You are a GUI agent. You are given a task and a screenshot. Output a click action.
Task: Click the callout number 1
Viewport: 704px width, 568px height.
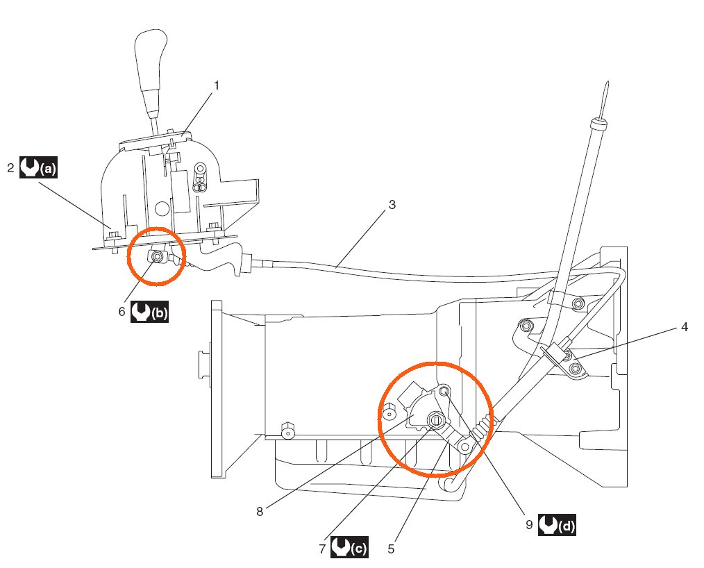(216, 86)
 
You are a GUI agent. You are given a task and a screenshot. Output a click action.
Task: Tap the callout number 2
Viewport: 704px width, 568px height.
(11, 168)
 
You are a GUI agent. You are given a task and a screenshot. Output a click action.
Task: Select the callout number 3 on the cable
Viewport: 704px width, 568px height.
(392, 205)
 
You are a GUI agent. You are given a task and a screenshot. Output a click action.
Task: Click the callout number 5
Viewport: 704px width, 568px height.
(391, 549)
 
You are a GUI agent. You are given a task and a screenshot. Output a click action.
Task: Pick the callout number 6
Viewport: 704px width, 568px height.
(121, 312)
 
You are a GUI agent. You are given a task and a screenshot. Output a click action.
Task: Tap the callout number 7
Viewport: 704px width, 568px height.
(322, 549)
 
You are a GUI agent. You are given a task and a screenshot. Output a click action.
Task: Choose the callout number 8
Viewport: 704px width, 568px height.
(260, 512)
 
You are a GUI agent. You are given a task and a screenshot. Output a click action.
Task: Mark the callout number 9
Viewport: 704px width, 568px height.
(529, 525)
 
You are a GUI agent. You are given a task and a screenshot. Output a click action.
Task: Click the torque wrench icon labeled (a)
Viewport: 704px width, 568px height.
(39, 168)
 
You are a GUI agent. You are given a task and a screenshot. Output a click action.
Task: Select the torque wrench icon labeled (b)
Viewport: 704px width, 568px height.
(149, 312)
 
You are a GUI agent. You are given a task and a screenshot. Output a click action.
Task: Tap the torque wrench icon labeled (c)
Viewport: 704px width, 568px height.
(349, 548)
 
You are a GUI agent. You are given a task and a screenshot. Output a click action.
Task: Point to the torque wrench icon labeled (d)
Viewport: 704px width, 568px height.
(558, 525)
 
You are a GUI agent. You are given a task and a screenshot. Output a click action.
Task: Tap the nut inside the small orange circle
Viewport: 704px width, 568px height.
(158, 257)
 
